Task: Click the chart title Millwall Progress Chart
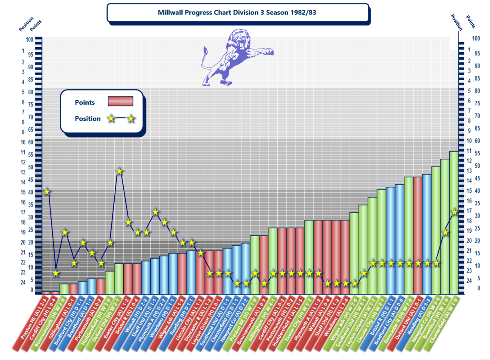tap(237, 13)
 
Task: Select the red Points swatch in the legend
tap(121, 101)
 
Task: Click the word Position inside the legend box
tap(87, 119)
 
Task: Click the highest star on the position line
tap(119, 172)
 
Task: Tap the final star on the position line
tap(454, 212)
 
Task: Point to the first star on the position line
tap(47, 192)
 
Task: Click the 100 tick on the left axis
tap(29, 39)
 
